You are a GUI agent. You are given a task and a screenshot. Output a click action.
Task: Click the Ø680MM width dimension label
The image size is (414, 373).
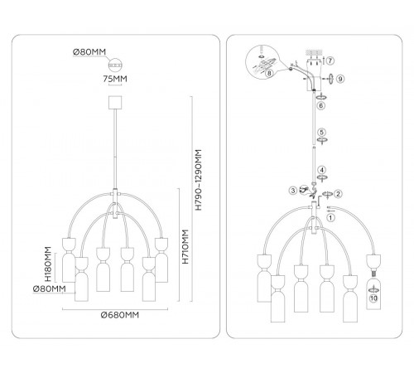coord(120,315)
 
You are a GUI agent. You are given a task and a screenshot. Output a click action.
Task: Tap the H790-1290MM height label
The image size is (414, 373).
coord(199,180)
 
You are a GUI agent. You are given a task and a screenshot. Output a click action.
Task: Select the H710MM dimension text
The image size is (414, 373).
coord(185,247)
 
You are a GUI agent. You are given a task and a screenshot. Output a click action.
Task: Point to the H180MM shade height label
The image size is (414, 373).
coord(48,264)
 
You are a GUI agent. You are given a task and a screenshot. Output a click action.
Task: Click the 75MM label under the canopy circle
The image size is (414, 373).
coord(115,79)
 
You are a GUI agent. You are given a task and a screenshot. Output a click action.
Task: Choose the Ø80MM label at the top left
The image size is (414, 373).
coord(89,51)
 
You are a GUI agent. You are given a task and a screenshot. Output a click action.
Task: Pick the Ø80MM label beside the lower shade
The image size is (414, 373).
coord(50,289)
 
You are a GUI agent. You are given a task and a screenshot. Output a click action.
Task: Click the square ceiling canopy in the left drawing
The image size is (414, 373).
coord(115,103)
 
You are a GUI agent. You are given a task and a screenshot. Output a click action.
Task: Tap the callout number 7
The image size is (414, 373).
coord(330,61)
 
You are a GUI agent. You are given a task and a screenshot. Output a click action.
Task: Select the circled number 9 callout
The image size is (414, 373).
coord(340,79)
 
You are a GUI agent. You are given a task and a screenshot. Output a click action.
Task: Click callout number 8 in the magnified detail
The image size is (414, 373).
coord(269,73)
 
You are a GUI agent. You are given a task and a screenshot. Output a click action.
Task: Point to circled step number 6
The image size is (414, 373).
coord(320,105)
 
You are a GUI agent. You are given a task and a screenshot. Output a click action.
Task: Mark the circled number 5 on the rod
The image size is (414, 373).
coord(321,132)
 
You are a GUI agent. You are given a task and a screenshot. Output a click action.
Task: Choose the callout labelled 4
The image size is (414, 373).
coord(321,170)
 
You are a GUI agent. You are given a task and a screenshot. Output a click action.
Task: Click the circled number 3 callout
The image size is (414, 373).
coord(293,191)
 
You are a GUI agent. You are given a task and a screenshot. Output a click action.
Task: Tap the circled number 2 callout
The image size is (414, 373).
coord(338,194)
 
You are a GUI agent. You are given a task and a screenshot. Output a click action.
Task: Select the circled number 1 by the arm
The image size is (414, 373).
coord(330,218)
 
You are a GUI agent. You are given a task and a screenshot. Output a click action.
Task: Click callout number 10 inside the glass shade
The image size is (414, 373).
coord(373,298)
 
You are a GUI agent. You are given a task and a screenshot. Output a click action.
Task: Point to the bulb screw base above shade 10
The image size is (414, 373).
coord(373,272)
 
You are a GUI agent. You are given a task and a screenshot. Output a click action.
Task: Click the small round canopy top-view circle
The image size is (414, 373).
coord(115,65)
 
